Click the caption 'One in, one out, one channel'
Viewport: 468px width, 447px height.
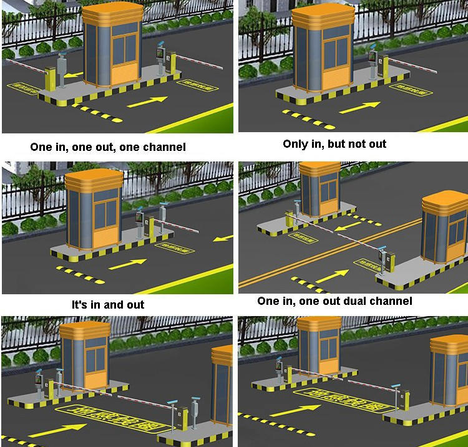108,148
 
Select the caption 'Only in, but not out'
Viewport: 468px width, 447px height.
334,144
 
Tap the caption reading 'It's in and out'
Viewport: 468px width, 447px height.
108,305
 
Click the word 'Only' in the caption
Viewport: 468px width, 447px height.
295,144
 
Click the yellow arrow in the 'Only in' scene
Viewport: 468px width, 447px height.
359,107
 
